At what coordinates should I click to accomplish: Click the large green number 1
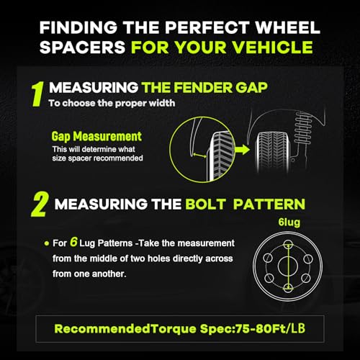(x=38, y=94)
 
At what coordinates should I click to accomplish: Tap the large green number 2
(x=40, y=204)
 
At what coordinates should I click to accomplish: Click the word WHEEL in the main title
(x=287, y=27)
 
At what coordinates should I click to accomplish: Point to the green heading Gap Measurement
(x=96, y=136)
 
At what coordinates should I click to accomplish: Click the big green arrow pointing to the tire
(x=242, y=150)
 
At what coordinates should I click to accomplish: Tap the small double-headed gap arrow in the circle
(x=199, y=156)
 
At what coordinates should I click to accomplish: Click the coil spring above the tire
(x=303, y=128)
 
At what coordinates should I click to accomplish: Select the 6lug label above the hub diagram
(x=289, y=222)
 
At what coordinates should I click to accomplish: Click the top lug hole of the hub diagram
(x=288, y=245)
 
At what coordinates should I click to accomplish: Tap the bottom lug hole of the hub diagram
(x=288, y=287)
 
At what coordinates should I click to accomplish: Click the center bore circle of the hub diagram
(x=288, y=266)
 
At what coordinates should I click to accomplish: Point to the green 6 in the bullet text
(x=73, y=242)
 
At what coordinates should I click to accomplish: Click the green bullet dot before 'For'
(x=47, y=243)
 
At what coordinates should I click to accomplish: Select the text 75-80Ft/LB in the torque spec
(x=271, y=328)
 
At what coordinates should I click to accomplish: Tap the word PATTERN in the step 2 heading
(x=269, y=204)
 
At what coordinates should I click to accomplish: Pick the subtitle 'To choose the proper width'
(x=112, y=103)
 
